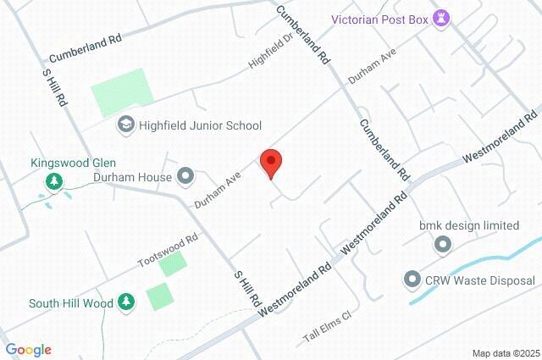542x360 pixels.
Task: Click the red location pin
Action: (x=270, y=162)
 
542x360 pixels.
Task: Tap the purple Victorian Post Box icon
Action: (x=441, y=17)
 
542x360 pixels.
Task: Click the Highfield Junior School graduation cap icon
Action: (x=125, y=125)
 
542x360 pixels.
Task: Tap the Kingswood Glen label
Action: (x=73, y=163)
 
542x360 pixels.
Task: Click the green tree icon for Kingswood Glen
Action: (x=53, y=180)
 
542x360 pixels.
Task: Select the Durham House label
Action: (x=132, y=178)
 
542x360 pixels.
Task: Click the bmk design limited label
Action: (x=469, y=226)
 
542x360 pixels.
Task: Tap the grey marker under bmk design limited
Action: (x=442, y=245)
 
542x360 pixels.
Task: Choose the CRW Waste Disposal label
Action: (x=480, y=280)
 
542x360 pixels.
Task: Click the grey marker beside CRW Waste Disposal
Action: (x=412, y=280)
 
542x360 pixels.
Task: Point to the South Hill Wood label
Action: (x=70, y=302)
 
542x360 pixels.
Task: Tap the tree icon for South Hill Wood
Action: (x=125, y=302)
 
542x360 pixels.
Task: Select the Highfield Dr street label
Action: (x=269, y=53)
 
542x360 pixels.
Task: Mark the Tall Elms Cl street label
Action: (x=327, y=328)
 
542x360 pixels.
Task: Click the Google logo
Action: (x=28, y=350)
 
